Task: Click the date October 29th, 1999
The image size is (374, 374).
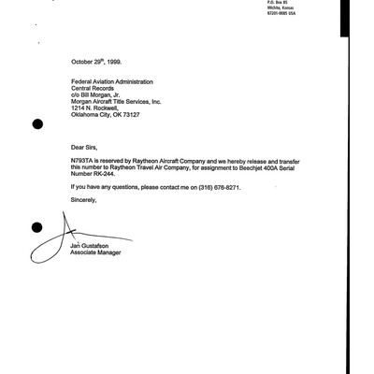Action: [97, 60]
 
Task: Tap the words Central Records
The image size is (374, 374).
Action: [93, 89]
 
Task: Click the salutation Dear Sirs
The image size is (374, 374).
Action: [85, 147]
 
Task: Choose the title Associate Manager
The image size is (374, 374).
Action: [96, 252]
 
